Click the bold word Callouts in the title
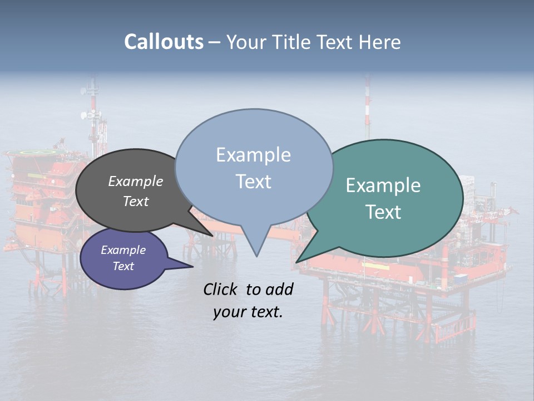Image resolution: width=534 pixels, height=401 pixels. pos(164,42)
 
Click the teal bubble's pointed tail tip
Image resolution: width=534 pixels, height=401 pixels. pos(299,261)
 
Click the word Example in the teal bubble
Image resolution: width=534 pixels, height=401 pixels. pos(383,185)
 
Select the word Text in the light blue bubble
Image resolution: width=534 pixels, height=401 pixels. pos(254,182)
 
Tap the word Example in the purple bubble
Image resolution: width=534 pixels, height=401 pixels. pos(123,250)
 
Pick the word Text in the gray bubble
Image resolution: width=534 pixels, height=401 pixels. pos(136,201)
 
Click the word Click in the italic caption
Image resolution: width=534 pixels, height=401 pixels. pos(221,289)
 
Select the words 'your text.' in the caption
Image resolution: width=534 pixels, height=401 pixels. pos(248,312)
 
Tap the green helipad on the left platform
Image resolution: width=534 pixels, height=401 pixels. pos(38,151)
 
